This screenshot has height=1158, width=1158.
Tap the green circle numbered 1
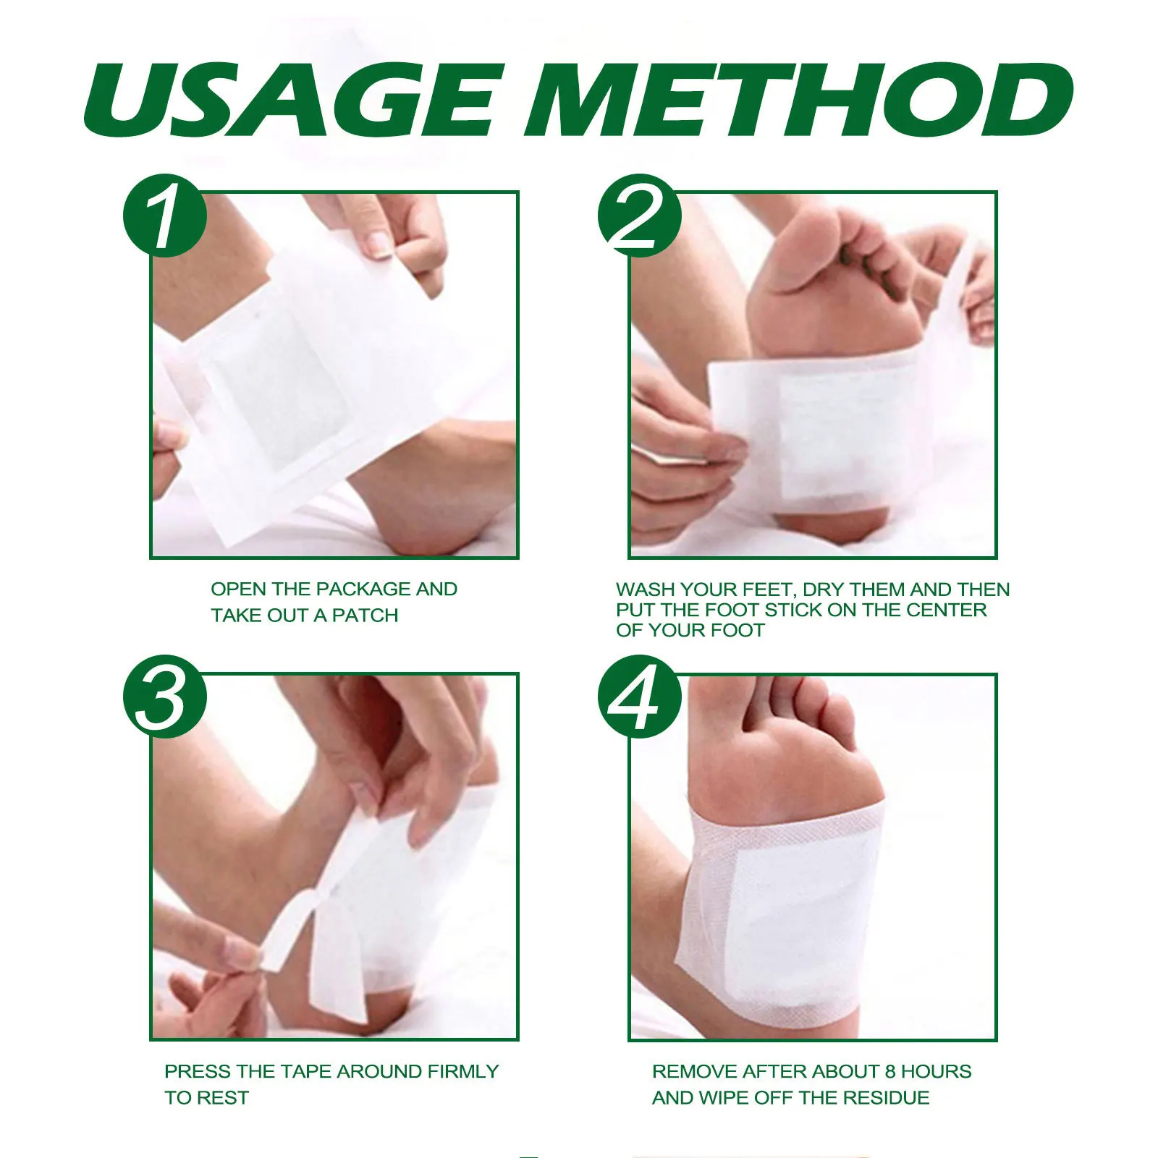click(165, 216)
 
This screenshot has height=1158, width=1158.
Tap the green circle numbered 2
click(639, 216)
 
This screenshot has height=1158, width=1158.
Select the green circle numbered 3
click(165, 697)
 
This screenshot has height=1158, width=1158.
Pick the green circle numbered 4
click(639, 697)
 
